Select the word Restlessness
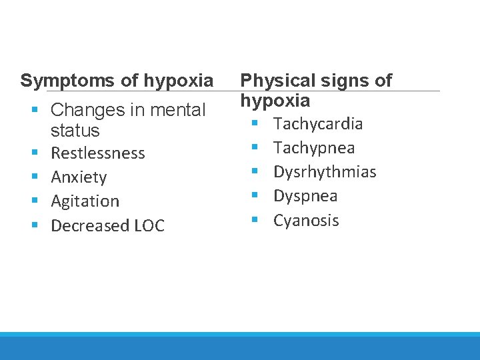[98, 153]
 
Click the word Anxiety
[79, 177]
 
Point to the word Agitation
[85, 201]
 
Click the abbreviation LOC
[149, 226]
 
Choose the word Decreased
[90, 226]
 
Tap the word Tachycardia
[318, 123]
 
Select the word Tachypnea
[314, 148]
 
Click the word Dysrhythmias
[325, 172]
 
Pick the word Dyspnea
[305, 196]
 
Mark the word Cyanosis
[306, 221]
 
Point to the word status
[75, 130]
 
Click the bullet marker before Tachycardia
[254, 124]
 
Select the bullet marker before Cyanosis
[254, 221]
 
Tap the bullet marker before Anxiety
[34, 177]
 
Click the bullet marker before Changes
[34, 109]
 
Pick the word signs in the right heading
[342, 81]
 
